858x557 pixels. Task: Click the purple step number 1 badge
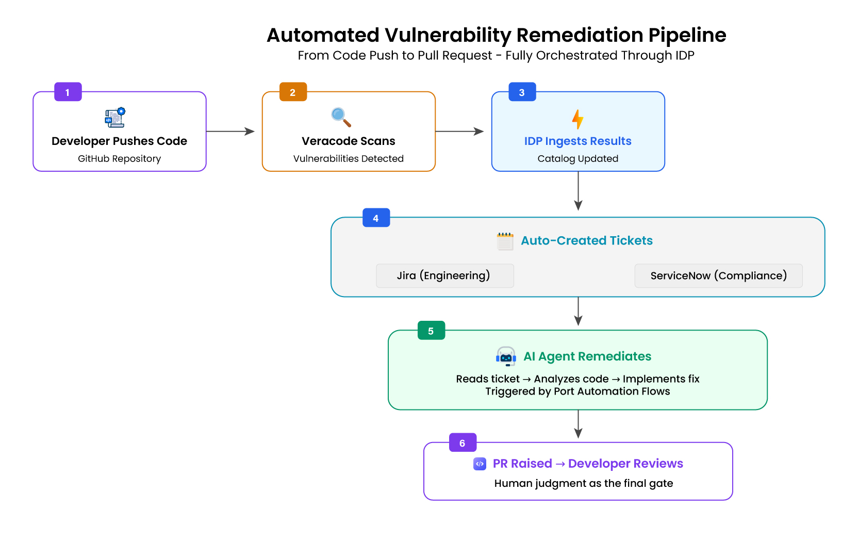(68, 92)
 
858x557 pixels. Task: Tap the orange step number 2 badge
(292, 92)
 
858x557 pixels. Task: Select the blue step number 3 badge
(522, 92)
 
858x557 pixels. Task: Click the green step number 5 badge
(431, 331)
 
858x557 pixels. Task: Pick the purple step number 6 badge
(462, 443)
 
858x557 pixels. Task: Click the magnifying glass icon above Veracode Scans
(341, 117)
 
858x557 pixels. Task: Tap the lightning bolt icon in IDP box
(577, 119)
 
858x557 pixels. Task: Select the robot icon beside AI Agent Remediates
(506, 356)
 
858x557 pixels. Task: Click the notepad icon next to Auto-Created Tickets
(505, 241)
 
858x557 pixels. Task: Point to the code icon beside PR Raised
(480, 464)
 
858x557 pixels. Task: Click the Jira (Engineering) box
(444, 275)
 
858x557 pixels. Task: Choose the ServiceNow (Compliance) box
(718, 275)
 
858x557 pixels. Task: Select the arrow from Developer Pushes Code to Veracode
(230, 132)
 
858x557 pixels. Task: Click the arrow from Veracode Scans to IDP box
(459, 132)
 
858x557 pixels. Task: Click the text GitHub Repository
(119, 158)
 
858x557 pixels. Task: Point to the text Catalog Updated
(577, 158)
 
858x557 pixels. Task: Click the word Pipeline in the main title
(687, 35)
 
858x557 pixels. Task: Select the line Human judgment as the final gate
(583, 483)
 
